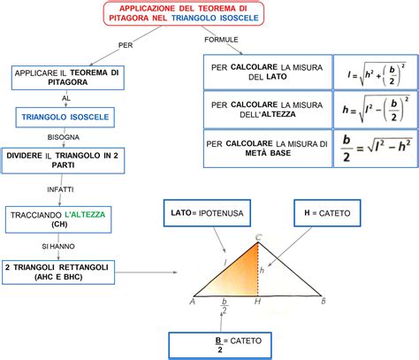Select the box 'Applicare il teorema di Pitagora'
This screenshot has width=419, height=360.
click(x=66, y=77)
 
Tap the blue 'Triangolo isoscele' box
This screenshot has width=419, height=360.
click(x=66, y=116)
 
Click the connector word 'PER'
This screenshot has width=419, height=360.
click(x=126, y=44)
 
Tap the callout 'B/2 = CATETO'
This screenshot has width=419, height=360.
click(x=230, y=344)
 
